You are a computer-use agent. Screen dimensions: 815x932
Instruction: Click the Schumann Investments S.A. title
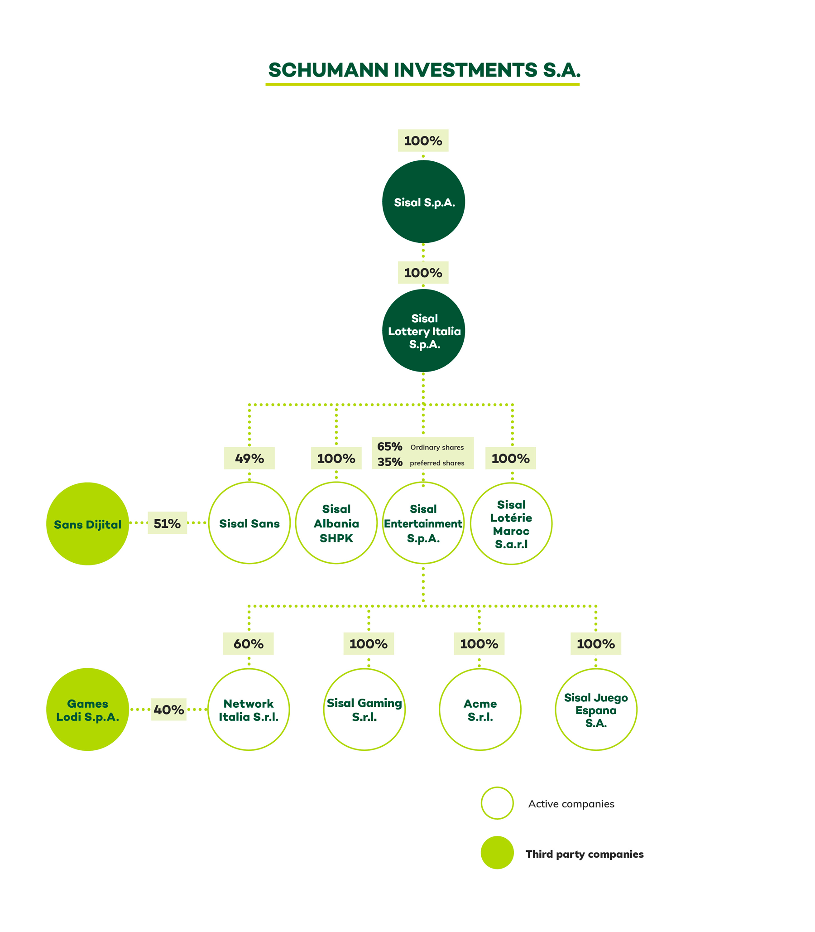(424, 70)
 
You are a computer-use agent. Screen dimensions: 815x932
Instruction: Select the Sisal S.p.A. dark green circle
(423, 202)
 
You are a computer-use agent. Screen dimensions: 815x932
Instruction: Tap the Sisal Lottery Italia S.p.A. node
(423, 330)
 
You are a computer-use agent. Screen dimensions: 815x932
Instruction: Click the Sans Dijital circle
(88, 524)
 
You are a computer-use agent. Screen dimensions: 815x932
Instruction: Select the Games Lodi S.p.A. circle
(88, 710)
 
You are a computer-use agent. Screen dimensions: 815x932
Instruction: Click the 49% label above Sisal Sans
(249, 458)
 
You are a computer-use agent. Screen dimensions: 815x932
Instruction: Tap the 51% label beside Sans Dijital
(168, 523)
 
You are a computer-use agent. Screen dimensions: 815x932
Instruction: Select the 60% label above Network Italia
(248, 644)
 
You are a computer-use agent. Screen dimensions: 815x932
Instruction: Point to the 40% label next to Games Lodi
(169, 710)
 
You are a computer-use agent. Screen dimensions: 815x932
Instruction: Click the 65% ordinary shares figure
(390, 446)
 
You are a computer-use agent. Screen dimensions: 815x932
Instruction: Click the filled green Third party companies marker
(497, 853)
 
